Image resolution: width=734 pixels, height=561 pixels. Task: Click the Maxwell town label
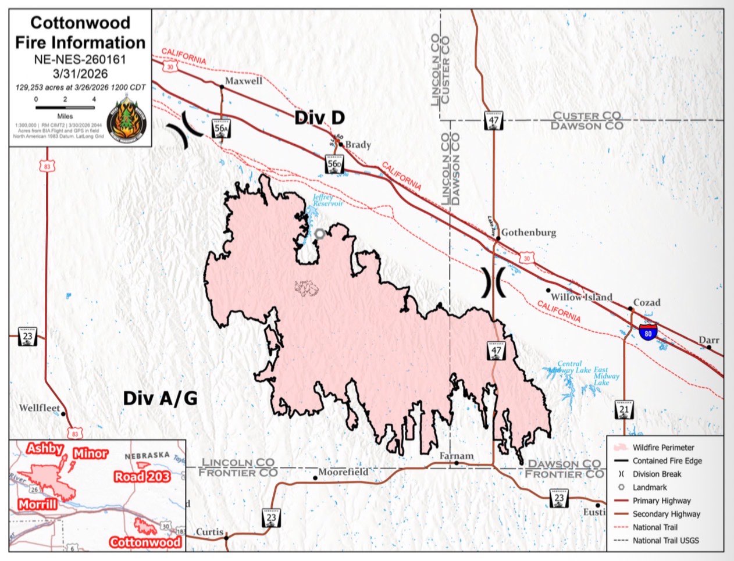tap(243, 81)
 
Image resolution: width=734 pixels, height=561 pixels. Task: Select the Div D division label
tap(319, 117)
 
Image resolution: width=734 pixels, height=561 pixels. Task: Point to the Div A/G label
tap(160, 398)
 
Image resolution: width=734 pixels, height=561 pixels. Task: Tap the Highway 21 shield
tap(624, 410)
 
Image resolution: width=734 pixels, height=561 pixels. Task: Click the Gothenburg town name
tap(528, 233)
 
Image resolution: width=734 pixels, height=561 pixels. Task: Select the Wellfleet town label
tap(40, 408)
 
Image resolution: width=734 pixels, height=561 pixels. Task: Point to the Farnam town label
tap(457, 456)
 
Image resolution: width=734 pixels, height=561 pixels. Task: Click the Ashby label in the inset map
tap(45, 448)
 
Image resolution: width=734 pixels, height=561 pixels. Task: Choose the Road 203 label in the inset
tap(142, 477)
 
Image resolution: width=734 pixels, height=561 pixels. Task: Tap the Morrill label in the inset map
tap(37, 504)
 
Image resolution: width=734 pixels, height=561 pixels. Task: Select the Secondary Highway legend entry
tap(667, 514)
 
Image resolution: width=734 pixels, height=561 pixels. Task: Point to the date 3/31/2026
tap(80, 73)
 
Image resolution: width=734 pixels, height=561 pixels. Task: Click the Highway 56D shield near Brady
tap(334, 165)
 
